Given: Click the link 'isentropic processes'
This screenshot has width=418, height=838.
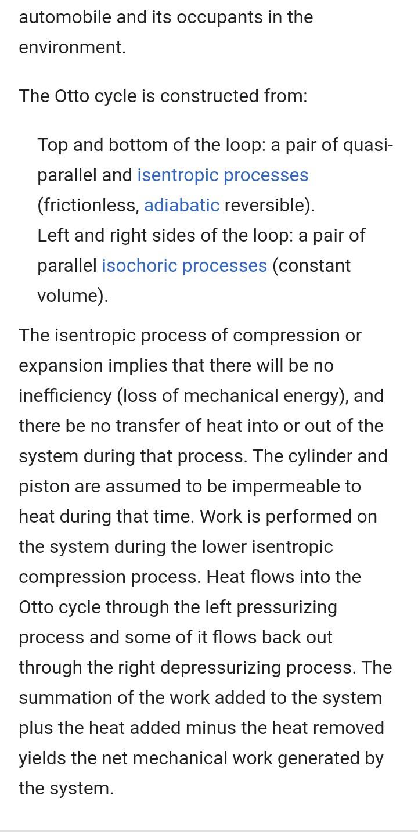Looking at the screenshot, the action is pos(223,175).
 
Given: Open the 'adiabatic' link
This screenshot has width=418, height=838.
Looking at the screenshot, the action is pos(182,206).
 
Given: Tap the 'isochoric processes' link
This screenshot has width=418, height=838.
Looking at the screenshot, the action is pos(184,266).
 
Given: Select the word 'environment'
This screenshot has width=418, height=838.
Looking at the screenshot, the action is pos(71,48).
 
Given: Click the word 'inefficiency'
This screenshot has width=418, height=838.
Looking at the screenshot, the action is pos(65,396).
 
